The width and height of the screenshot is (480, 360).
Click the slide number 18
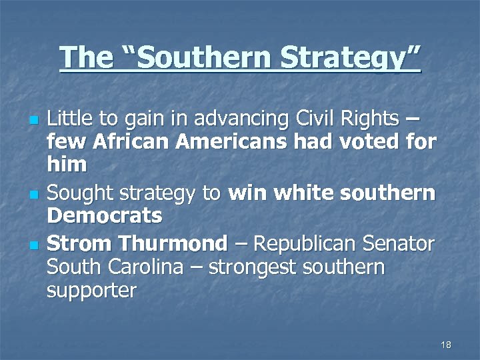coord(446,345)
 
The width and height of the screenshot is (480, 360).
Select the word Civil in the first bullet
coord(315,119)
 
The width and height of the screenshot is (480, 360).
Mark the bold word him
coord(67,164)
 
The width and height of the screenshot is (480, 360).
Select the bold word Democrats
coord(105,215)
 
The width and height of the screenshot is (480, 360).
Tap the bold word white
coord(303,193)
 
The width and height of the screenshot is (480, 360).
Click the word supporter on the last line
coord(91,290)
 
